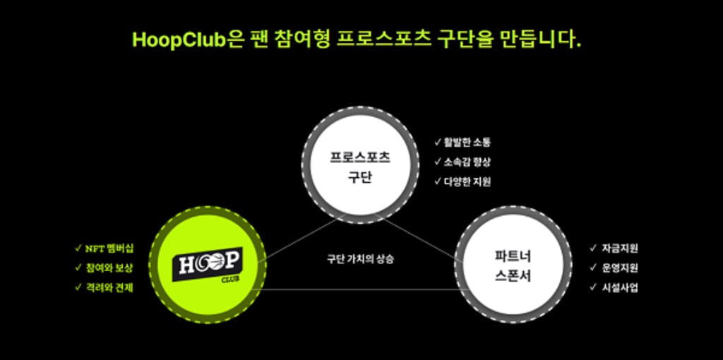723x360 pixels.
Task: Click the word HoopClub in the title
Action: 177,39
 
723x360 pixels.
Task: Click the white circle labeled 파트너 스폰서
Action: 513,265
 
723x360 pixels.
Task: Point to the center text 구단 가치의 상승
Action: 360,259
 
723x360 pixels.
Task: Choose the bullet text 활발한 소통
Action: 467,142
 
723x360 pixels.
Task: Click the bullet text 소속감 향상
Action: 467,162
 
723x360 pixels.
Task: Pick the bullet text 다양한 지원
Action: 467,181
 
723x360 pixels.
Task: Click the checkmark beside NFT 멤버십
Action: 78,248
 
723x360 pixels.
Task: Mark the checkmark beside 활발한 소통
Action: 438,142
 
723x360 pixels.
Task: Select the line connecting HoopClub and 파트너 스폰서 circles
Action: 360,289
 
